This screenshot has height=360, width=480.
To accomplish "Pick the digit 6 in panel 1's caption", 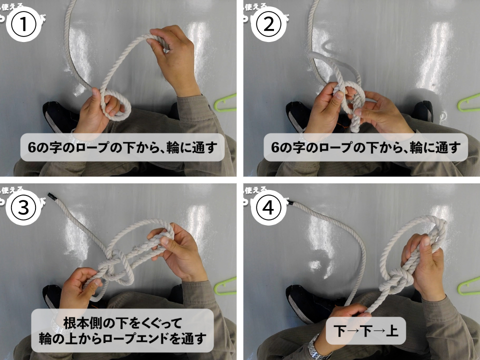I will point(33,148).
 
